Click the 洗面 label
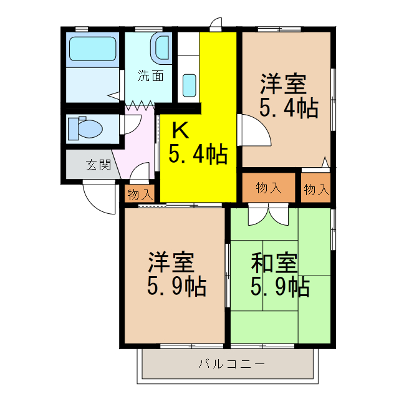tap(151, 77)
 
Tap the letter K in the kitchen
tap(180, 130)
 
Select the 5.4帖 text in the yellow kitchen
tap(198, 153)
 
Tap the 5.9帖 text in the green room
tap(279, 287)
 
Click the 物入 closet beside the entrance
tap(140, 194)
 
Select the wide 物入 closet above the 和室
tap(269, 188)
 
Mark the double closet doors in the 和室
tap(269, 214)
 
